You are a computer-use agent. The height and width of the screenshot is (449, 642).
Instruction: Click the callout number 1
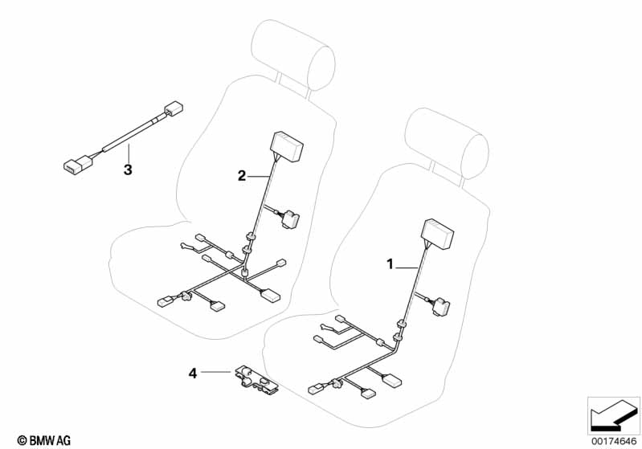(390, 264)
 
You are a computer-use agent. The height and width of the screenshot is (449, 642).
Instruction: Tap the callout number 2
(242, 176)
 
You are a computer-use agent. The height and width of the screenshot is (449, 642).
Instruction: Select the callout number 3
(128, 169)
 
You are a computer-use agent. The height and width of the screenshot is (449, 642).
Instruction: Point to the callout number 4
(192, 373)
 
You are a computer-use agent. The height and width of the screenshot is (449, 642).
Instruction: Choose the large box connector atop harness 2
(286, 146)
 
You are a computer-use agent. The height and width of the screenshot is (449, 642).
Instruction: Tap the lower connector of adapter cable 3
(78, 163)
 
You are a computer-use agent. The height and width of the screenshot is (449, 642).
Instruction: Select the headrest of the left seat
(293, 55)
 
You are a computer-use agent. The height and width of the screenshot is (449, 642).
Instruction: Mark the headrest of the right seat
(447, 143)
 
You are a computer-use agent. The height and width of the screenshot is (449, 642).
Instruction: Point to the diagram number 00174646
(614, 441)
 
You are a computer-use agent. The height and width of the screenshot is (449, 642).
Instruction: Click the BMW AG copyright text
(44, 440)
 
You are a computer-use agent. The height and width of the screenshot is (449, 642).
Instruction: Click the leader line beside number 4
(216, 372)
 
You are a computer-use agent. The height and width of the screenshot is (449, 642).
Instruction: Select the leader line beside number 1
(407, 267)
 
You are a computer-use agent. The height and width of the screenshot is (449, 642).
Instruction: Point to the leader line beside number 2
(259, 177)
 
